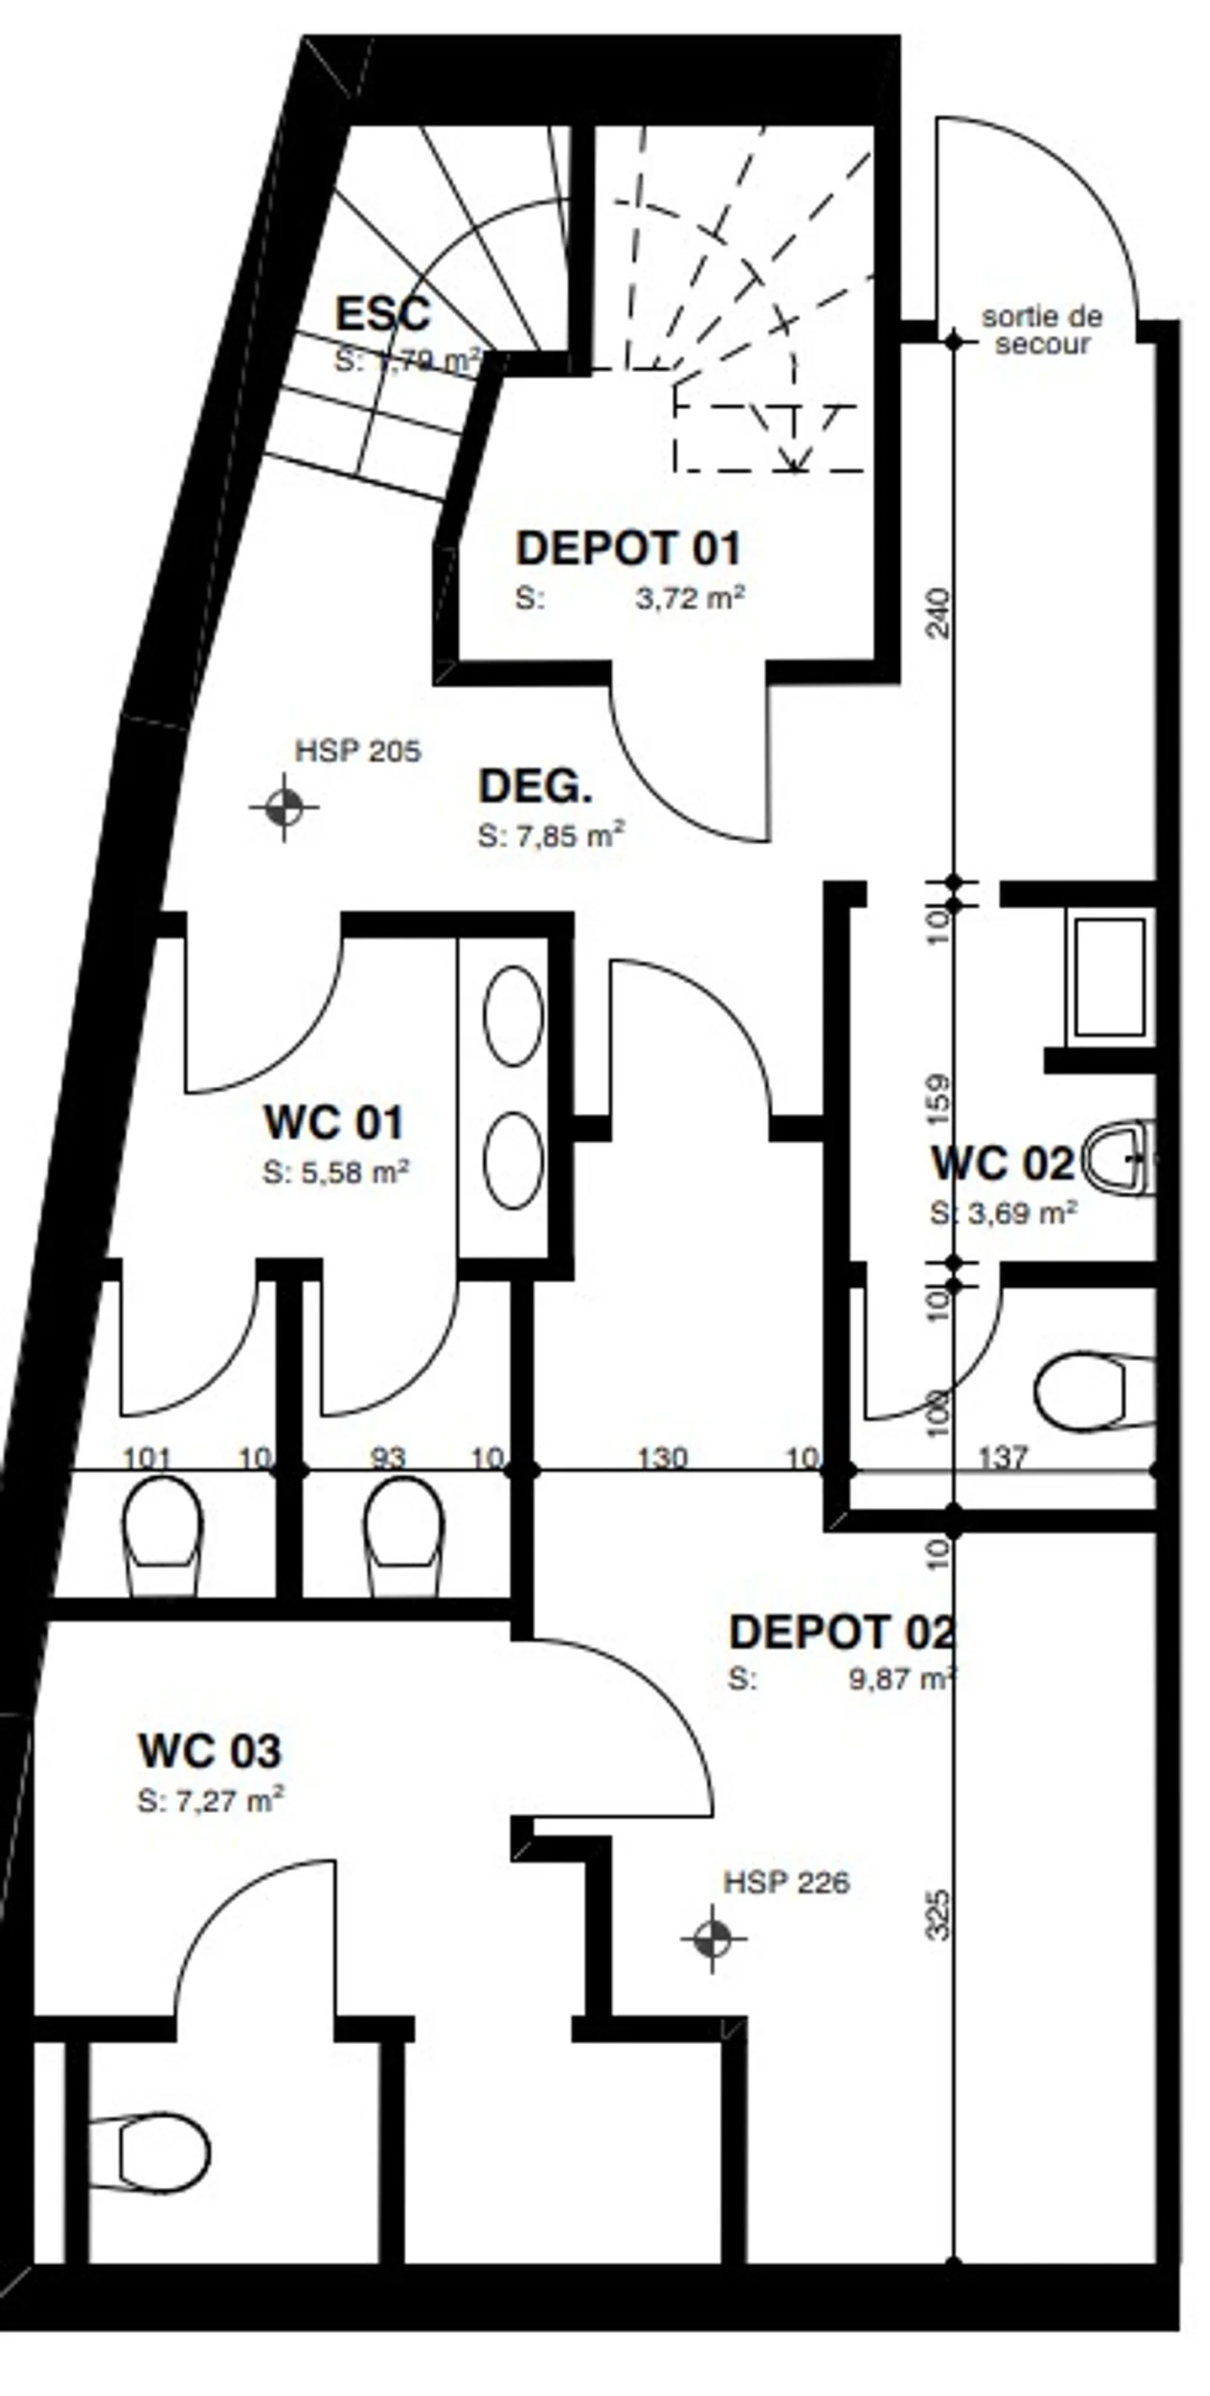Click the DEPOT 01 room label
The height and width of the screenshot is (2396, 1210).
click(629, 548)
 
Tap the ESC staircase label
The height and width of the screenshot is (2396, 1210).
click(382, 313)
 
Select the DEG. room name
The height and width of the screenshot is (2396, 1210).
click(534, 787)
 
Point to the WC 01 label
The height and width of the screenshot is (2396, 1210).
click(334, 1122)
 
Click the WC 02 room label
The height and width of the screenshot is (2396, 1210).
click(1002, 1164)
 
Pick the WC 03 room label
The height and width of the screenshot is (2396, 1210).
click(209, 1752)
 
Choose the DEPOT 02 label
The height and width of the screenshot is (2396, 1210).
click(842, 1632)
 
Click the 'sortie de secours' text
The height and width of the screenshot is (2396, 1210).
click(1042, 330)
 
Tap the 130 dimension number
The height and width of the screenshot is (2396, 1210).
click(662, 1458)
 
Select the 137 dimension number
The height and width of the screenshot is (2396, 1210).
click(1002, 1458)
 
